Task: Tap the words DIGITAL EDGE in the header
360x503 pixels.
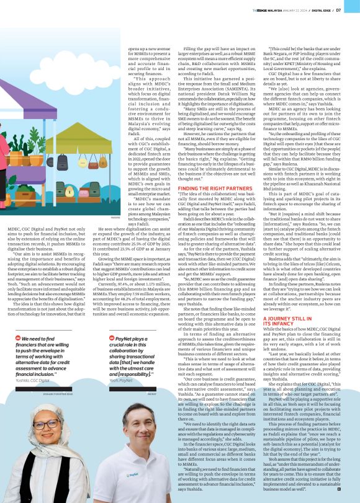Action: click(x=323, y=9)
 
